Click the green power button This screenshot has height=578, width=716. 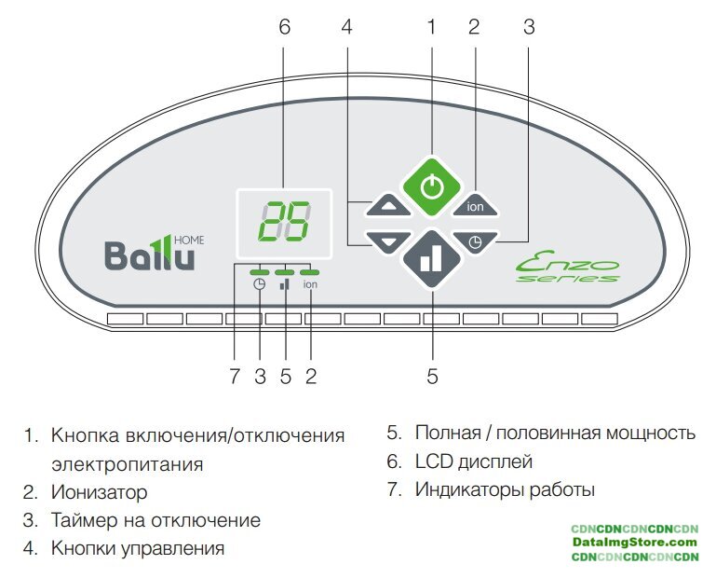point(431,186)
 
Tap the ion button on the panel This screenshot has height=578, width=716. point(474,207)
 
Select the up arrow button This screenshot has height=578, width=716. point(388,207)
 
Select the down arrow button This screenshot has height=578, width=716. point(388,241)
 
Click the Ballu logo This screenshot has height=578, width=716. point(150,254)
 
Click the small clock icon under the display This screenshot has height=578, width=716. point(260,285)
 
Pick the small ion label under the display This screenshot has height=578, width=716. point(310,285)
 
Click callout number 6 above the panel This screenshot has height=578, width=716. point(284,27)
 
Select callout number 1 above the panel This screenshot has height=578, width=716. point(431,27)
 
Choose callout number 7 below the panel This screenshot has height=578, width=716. point(235,377)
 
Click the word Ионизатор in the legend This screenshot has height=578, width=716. point(99,491)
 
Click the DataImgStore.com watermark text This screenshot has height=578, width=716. point(635,542)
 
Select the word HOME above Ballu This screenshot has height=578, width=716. point(188,240)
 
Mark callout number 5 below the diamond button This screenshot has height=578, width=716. point(432,377)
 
